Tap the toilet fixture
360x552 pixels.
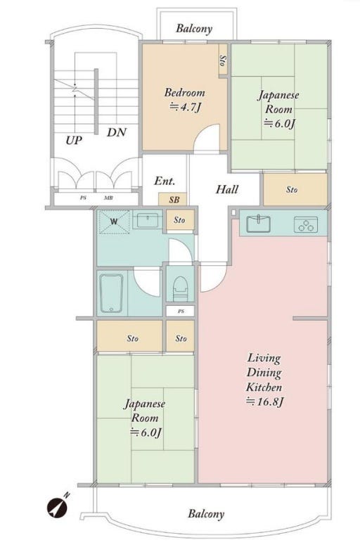pyautogui.click(x=180, y=290)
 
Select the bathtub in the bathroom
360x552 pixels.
pyautogui.click(x=111, y=293)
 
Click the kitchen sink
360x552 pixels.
pyautogui.click(x=258, y=224)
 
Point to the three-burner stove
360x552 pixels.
pyautogui.click(x=306, y=224)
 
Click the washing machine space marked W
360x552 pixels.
pyautogui.click(x=114, y=222)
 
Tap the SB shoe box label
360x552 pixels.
pyautogui.click(x=174, y=200)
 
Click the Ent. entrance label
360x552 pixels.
pyautogui.click(x=165, y=181)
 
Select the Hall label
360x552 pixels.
pyautogui.click(x=227, y=189)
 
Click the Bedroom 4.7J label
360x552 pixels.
pyautogui.click(x=185, y=100)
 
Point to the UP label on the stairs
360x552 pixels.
pyautogui.click(x=74, y=141)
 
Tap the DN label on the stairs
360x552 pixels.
pyautogui.click(x=117, y=133)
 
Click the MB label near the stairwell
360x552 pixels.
pyautogui.click(x=108, y=198)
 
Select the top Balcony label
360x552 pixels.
pyautogui.click(x=194, y=29)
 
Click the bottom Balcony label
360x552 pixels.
pyautogui.click(x=206, y=513)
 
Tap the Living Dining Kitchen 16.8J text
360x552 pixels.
pyautogui.click(x=264, y=380)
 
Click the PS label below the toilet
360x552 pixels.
pyautogui.click(x=181, y=312)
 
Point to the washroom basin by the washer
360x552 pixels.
pyautogui.click(x=147, y=220)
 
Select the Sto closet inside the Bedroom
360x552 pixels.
pyautogui.click(x=223, y=60)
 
